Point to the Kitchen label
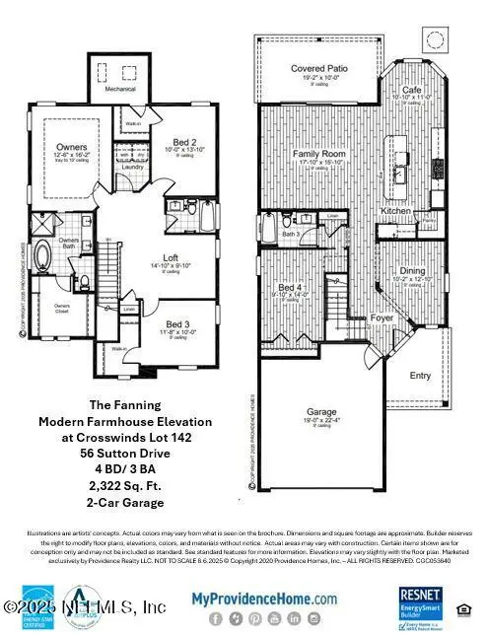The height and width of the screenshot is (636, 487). [x=396, y=212]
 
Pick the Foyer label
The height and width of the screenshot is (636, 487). [x=380, y=318]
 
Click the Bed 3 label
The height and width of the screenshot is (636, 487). [x=176, y=322]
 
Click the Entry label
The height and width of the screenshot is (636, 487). [x=421, y=375]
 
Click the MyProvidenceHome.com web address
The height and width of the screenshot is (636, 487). [x=263, y=598]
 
